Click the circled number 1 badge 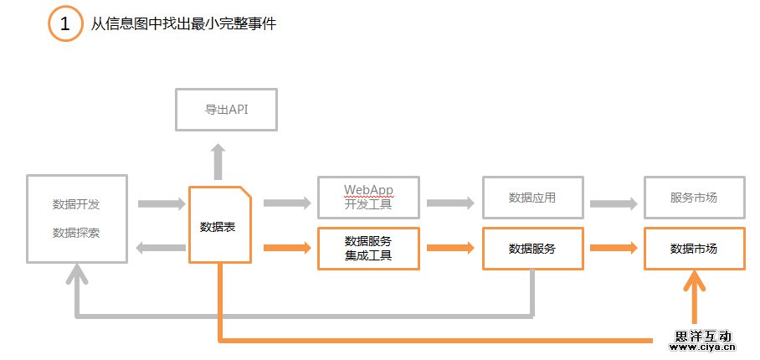[64, 23]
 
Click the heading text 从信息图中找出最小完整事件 [183, 24]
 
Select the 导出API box [226, 109]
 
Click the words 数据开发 [76, 203]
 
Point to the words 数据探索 [76, 232]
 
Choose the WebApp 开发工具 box [368, 198]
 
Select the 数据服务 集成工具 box [368, 249]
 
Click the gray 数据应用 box [532, 198]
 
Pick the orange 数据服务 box [532, 249]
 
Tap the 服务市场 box [694, 198]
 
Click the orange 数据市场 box [694, 249]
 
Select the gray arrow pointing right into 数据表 [161, 203]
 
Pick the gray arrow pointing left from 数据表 [161, 247]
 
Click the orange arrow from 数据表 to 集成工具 [287, 247]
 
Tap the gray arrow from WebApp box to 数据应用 [451, 203]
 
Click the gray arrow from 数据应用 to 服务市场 [614, 203]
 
